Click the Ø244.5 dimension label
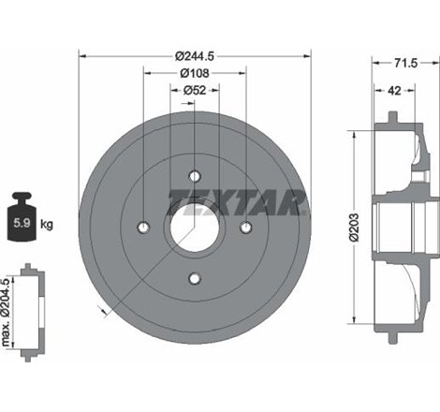pyautogui.click(x=195, y=54)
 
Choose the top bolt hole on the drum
pyautogui.click(x=195, y=176)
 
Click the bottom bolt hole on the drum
pyautogui.click(x=195, y=277)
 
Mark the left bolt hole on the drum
pyautogui.click(x=144, y=227)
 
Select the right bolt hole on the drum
pyautogui.click(x=245, y=227)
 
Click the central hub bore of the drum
pyautogui.click(x=195, y=227)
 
